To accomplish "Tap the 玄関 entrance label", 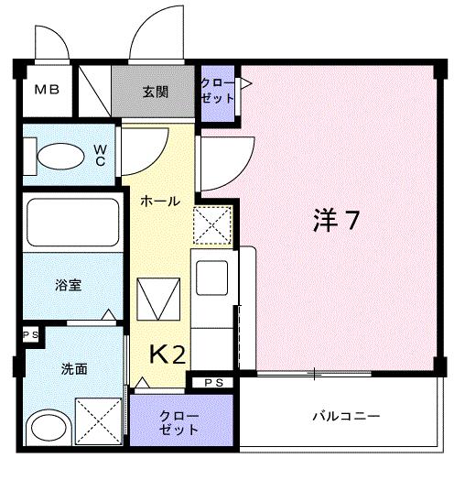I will (x=154, y=92).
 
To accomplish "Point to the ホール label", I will (x=159, y=202).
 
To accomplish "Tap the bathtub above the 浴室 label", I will (x=70, y=224).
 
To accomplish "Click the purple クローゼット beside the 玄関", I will (x=218, y=91).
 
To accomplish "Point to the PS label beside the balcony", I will (x=212, y=382).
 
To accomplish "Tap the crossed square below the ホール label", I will (x=212, y=225).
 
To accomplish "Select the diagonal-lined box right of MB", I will (x=92, y=89).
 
